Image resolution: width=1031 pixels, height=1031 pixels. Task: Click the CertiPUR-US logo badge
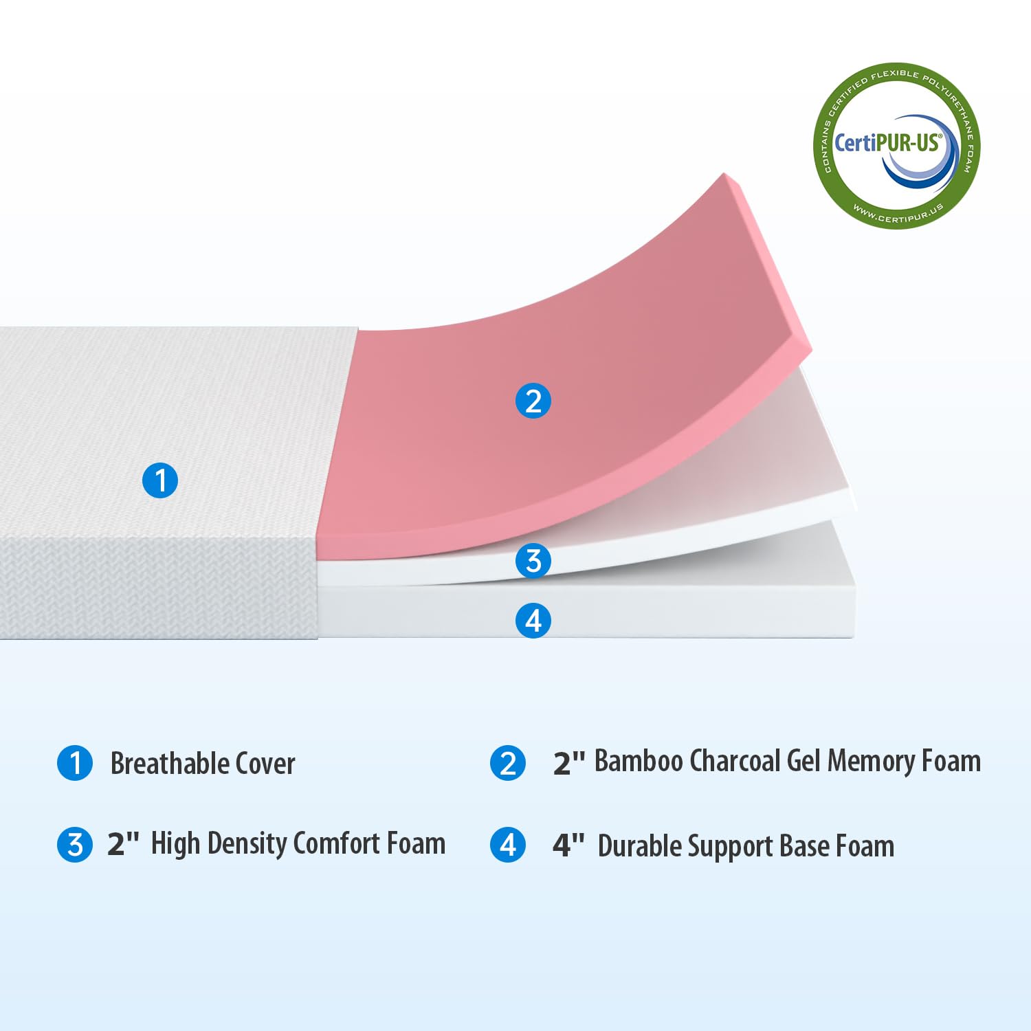(896, 146)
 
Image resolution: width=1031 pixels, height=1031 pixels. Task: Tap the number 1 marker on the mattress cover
(160, 480)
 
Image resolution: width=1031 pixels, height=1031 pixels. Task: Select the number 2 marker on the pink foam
(533, 401)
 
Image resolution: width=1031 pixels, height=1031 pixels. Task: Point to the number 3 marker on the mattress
(533, 561)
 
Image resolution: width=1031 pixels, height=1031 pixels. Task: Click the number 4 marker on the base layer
(533, 620)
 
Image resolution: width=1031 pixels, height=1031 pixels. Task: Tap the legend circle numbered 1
(75, 763)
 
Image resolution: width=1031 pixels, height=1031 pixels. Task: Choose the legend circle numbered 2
(508, 763)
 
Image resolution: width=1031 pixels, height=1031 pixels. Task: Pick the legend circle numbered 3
(75, 845)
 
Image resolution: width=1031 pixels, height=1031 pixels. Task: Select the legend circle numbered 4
(508, 845)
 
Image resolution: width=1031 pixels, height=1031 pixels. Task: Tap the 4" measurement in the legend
(568, 845)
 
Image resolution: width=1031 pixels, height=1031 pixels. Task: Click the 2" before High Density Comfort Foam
(123, 844)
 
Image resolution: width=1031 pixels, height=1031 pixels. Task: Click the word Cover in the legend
(265, 764)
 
